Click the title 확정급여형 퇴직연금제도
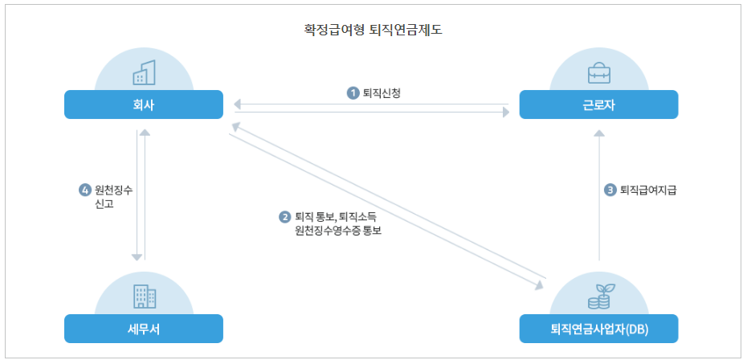[373, 31]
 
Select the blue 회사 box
[144, 104]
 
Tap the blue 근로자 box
[598, 104]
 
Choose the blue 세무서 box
[144, 329]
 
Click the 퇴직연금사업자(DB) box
[598, 329]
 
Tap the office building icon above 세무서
[144, 297]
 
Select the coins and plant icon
[598, 297]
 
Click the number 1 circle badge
[353, 93]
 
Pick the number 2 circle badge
[284, 217]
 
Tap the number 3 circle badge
[610, 190]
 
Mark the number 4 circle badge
[84, 190]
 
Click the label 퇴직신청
[382, 93]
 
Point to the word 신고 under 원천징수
[106, 205]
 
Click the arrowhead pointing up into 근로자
[598, 134]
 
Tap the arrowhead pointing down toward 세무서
[137, 256]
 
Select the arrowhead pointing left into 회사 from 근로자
[236, 104]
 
